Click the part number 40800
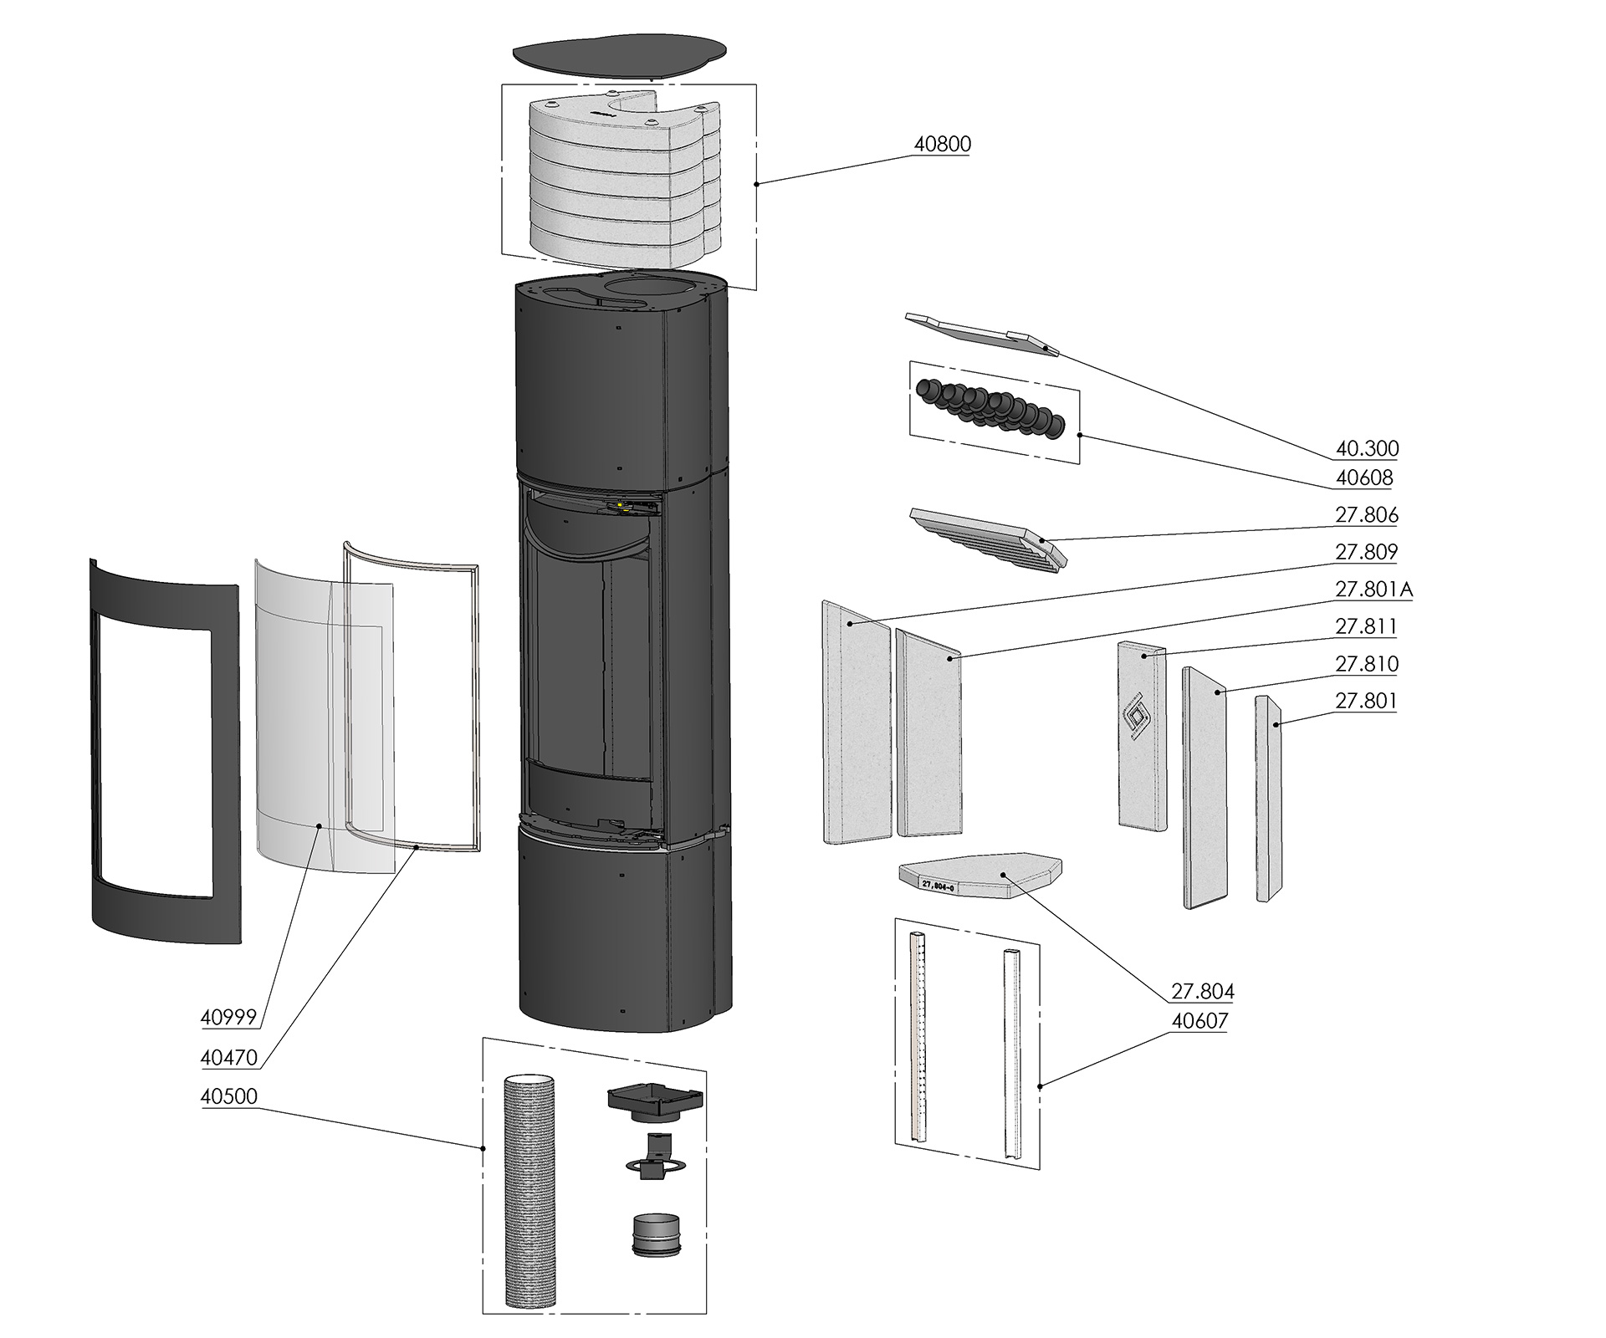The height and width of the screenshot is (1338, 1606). (x=942, y=144)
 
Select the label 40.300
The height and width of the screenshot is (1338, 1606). (x=1367, y=448)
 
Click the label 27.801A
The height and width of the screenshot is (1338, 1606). (x=1373, y=590)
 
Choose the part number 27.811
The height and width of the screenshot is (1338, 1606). (x=1367, y=626)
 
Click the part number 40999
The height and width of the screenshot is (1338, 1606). (x=228, y=1017)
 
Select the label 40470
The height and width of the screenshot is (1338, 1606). (x=228, y=1058)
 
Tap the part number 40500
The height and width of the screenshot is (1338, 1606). (x=228, y=1095)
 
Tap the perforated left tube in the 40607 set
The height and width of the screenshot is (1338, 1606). (x=919, y=1037)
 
